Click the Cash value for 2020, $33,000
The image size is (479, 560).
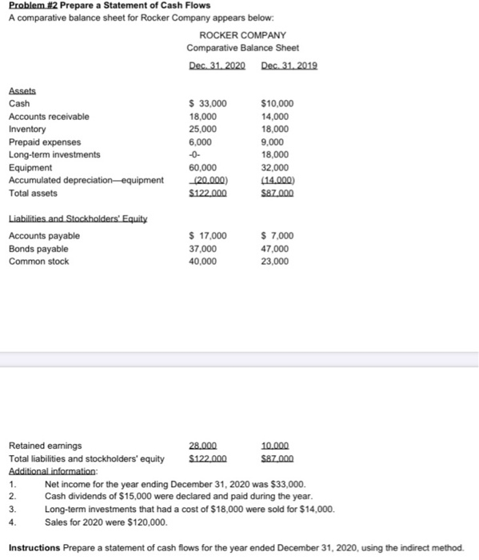click(x=207, y=103)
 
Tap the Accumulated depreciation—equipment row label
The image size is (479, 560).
click(x=86, y=180)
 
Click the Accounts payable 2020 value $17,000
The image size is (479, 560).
click(x=207, y=235)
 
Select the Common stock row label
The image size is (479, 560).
click(x=38, y=261)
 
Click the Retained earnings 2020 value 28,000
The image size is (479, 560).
click(x=204, y=446)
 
